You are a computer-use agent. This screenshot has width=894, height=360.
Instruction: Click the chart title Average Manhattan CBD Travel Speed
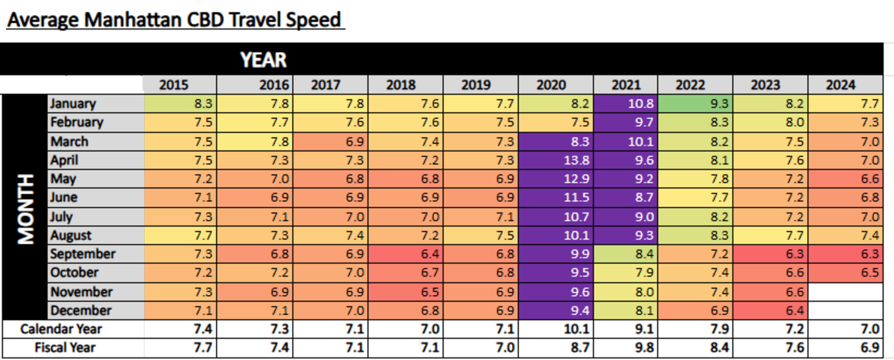(x=174, y=20)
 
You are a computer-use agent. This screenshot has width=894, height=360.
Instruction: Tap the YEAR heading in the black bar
(x=263, y=60)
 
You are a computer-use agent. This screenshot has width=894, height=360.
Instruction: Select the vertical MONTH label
(x=25, y=209)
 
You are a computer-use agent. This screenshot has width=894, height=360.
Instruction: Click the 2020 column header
(x=555, y=85)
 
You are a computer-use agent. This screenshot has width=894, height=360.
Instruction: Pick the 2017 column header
(x=330, y=85)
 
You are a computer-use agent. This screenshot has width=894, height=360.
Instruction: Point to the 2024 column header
(x=845, y=85)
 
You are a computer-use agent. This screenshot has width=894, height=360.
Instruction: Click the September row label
(x=83, y=254)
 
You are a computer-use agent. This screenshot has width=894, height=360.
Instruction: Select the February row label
(x=77, y=122)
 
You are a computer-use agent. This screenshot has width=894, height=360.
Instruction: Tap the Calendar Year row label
(x=61, y=329)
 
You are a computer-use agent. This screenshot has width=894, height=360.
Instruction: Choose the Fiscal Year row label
(x=65, y=348)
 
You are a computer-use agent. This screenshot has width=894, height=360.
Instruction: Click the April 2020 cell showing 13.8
(x=556, y=160)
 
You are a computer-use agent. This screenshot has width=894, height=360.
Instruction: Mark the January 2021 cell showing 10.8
(x=626, y=104)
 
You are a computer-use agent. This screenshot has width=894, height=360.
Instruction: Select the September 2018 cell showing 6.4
(x=405, y=254)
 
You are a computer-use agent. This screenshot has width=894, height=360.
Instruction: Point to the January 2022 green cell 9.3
(x=695, y=104)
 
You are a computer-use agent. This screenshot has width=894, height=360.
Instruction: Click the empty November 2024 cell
(x=845, y=292)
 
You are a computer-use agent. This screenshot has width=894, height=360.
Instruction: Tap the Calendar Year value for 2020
(x=556, y=329)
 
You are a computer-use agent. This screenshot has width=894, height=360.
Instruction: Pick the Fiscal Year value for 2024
(x=845, y=348)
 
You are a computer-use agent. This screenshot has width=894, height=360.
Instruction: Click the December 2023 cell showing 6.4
(x=770, y=311)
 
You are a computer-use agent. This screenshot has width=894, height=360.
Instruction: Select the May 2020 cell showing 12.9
(x=556, y=179)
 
